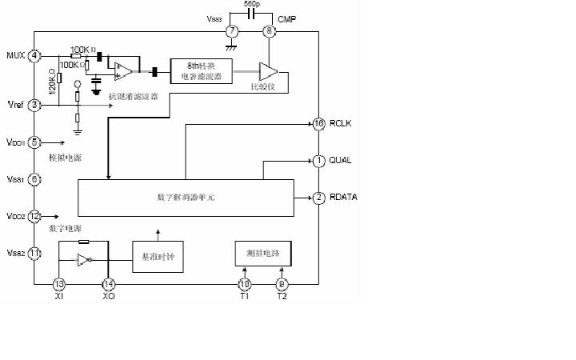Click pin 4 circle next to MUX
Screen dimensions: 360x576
pyautogui.click(x=34, y=56)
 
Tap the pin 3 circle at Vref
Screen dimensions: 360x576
pyautogui.click(x=34, y=104)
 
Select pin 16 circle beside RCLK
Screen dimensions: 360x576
pyautogui.click(x=318, y=124)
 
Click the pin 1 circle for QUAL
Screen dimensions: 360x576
pyautogui.click(x=318, y=161)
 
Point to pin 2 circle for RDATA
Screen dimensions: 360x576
pyautogui.click(x=318, y=198)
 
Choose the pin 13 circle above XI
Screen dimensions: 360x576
pyautogui.click(x=58, y=283)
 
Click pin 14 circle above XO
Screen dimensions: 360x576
pyautogui.click(x=109, y=283)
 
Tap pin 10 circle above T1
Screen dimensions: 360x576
pyautogui.click(x=245, y=283)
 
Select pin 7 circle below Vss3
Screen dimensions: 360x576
pyautogui.click(x=232, y=32)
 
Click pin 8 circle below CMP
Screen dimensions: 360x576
pyautogui.click(x=270, y=32)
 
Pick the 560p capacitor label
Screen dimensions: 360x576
pyautogui.click(x=250, y=5)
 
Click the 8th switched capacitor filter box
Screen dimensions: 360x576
pyautogui.click(x=201, y=71)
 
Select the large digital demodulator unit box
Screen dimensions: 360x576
pyautogui.click(x=185, y=197)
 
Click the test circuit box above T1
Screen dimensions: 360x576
pyautogui.click(x=263, y=253)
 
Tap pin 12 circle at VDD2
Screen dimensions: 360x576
pyautogui.click(x=34, y=216)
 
